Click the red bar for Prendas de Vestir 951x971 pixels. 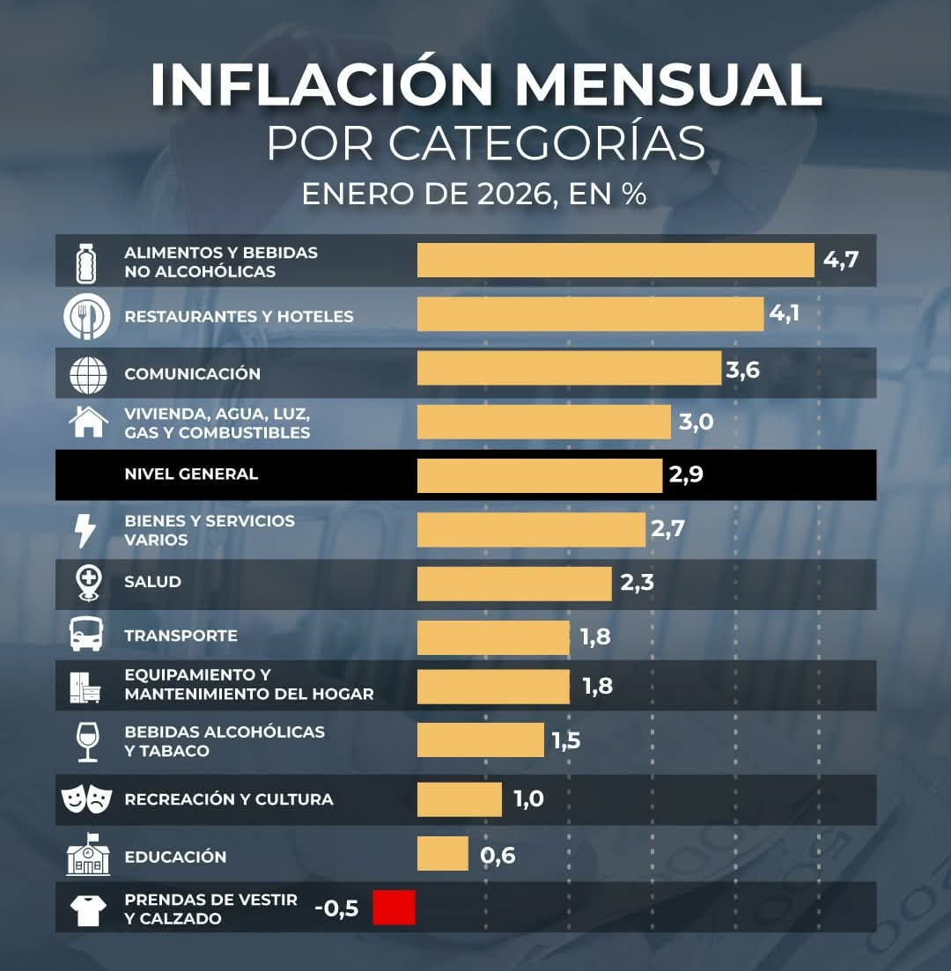(x=394, y=908)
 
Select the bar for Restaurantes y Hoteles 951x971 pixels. (x=590, y=314)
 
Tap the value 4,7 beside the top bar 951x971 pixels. (x=840, y=261)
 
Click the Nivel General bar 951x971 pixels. (x=539, y=475)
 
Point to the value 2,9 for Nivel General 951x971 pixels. (x=686, y=475)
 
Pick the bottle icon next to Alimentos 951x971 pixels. (x=86, y=261)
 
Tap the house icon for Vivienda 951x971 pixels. (x=88, y=421)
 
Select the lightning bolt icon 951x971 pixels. (x=85, y=531)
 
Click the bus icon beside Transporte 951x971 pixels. (x=86, y=635)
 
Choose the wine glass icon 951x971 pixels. (x=87, y=741)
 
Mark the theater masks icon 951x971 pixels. (x=86, y=799)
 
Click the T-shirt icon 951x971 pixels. (x=88, y=909)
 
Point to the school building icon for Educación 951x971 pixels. (x=88, y=855)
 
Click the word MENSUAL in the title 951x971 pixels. (x=668, y=85)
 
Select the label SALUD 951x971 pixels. (x=153, y=582)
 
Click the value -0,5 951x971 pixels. (x=336, y=908)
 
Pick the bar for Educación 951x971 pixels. (x=443, y=854)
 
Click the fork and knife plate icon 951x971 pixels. (x=87, y=316)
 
